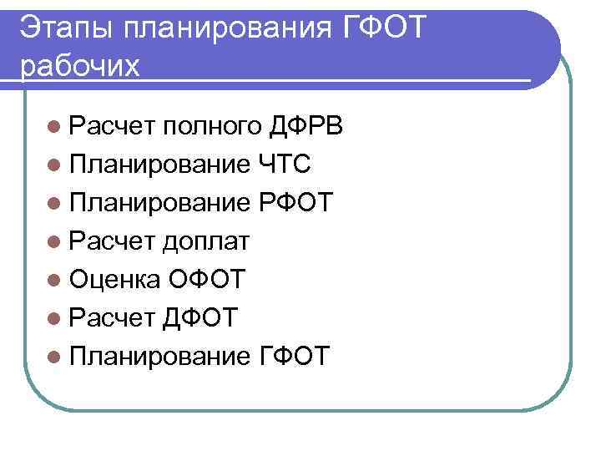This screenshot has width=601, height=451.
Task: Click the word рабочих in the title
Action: coord(80,65)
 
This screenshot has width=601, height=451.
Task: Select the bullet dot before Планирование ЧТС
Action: coord(54,165)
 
